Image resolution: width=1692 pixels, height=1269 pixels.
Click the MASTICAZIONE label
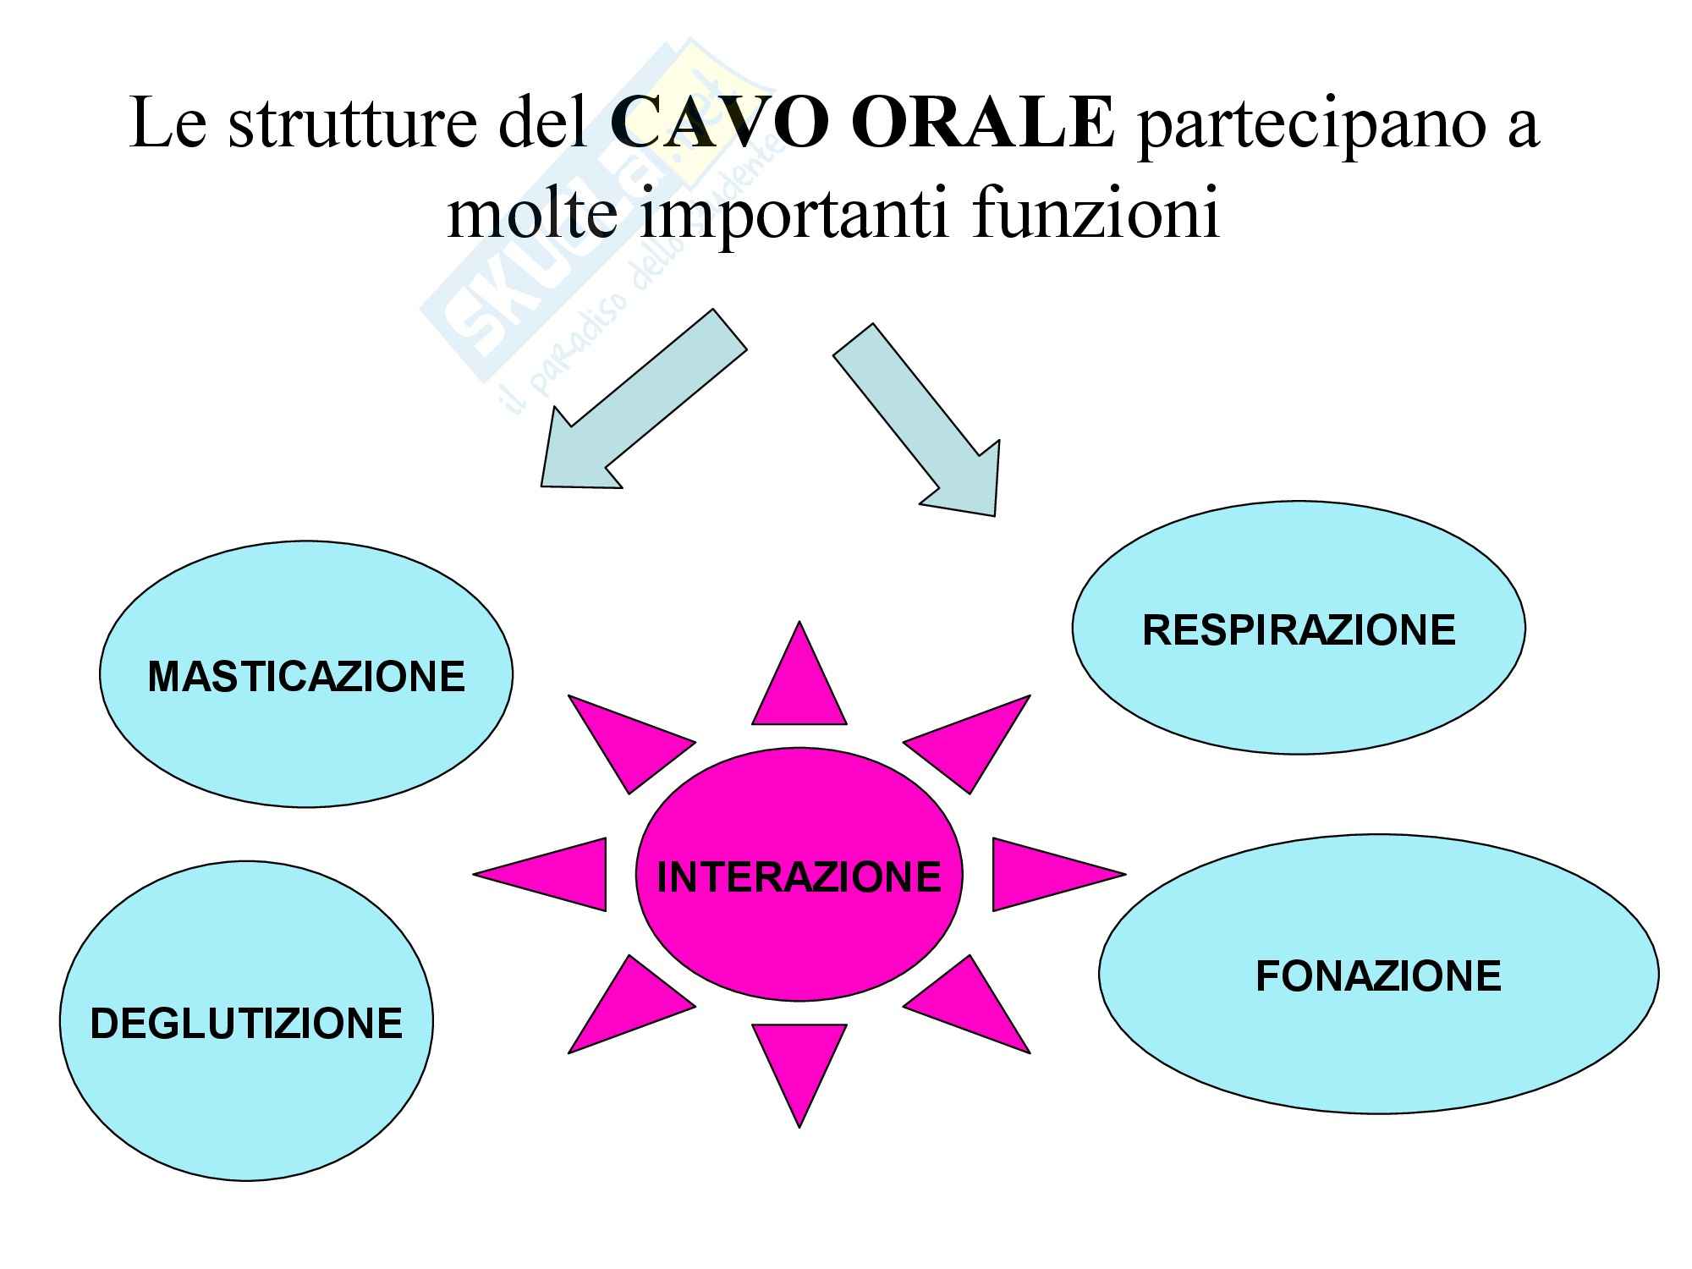click(x=306, y=677)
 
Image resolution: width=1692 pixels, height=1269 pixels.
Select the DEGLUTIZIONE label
click(x=246, y=1024)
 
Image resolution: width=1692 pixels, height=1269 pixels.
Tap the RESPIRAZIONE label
click(x=1299, y=630)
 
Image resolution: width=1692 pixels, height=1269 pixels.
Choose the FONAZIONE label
click(x=1378, y=976)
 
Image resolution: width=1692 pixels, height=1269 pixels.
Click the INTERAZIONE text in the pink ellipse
click(x=799, y=876)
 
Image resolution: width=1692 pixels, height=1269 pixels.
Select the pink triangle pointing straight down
click(x=799, y=1062)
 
